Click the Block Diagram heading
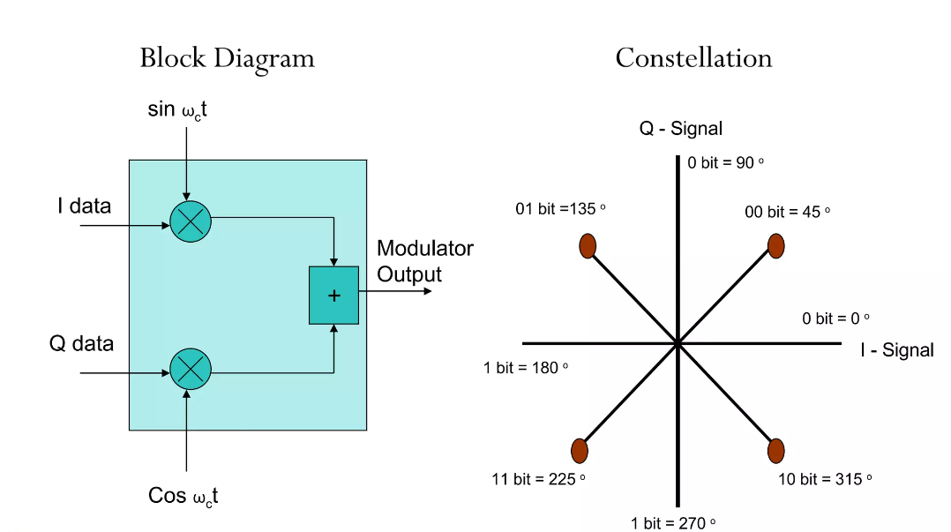click(x=227, y=59)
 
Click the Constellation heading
click(x=693, y=59)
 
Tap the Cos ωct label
click(x=183, y=497)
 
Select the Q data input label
click(x=81, y=343)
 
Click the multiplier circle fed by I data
click(x=190, y=221)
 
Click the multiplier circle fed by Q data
click(x=190, y=369)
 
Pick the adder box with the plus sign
click(x=333, y=295)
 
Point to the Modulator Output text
click(x=424, y=261)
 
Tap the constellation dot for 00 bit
click(x=775, y=246)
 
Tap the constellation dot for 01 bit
click(x=588, y=246)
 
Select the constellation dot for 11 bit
click(x=580, y=451)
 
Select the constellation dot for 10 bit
click(x=775, y=451)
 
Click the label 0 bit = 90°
click(x=725, y=163)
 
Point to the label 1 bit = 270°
click(x=673, y=523)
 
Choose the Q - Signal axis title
click(x=680, y=129)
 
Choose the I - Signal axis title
click(x=896, y=350)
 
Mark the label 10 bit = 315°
click(x=825, y=479)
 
